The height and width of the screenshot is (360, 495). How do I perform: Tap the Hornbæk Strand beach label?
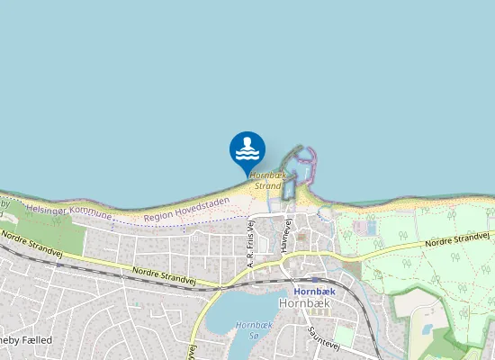tap(268, 179)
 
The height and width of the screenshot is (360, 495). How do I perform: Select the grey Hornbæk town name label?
tap(306, 304)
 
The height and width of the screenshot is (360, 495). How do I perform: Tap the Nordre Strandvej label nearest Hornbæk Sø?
tap(164, 275)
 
